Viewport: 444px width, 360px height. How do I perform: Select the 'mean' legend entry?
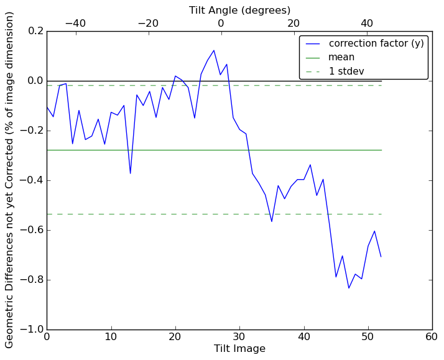(341, 57)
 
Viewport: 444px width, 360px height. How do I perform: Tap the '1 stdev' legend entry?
(346, 71)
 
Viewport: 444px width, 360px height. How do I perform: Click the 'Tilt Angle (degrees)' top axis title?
(239, 10)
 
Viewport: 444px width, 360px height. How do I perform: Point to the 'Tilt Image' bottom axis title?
(239, 349)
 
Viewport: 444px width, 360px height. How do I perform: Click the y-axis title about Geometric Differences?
(10, 180)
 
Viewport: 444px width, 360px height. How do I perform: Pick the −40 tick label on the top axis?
(75, 23)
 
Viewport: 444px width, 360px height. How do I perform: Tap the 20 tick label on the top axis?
(294, 23)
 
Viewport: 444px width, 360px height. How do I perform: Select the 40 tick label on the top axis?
(366, 23)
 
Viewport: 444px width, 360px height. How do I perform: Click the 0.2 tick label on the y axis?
(35, 31)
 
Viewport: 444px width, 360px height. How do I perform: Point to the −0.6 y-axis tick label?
(32, 230)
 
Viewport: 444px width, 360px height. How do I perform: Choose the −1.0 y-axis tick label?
(32, 330)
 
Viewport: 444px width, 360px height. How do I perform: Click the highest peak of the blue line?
(214, 50)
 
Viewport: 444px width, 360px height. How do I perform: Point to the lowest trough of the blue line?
(349, 288)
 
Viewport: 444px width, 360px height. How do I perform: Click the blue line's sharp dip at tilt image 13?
(130, 173)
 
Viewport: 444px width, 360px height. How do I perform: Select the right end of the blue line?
(381, 257)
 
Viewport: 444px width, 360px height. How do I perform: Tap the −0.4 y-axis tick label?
(32, 180)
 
